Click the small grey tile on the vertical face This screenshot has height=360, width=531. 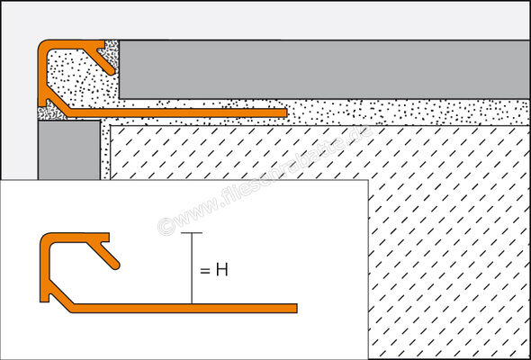click(67, 149)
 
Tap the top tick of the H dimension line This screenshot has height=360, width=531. click(190, 233)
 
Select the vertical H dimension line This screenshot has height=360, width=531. click(190, 270)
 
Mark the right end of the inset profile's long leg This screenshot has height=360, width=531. click(292, 308)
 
